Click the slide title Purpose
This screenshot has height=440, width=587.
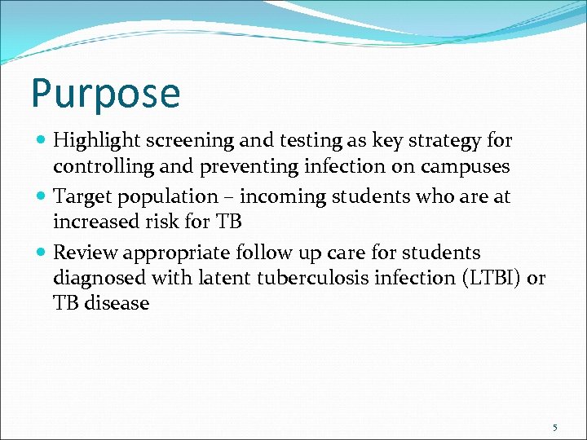[x=105, y=94]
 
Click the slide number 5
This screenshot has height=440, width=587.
[x=554, y=427]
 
